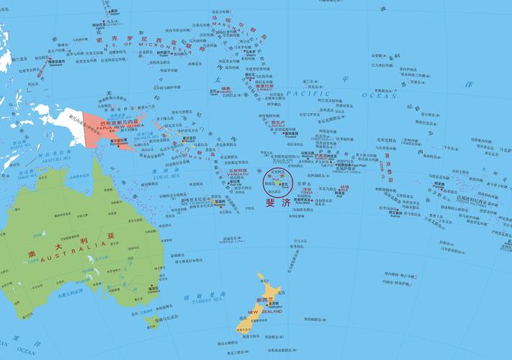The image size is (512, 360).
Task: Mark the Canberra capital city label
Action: (x=153, y=292)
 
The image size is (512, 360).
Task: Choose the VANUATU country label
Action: (x=238, y=175)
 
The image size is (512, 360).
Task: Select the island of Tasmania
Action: (x=151, y=320)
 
